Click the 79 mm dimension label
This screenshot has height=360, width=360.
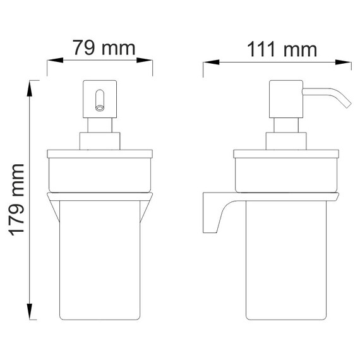[101, 47]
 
